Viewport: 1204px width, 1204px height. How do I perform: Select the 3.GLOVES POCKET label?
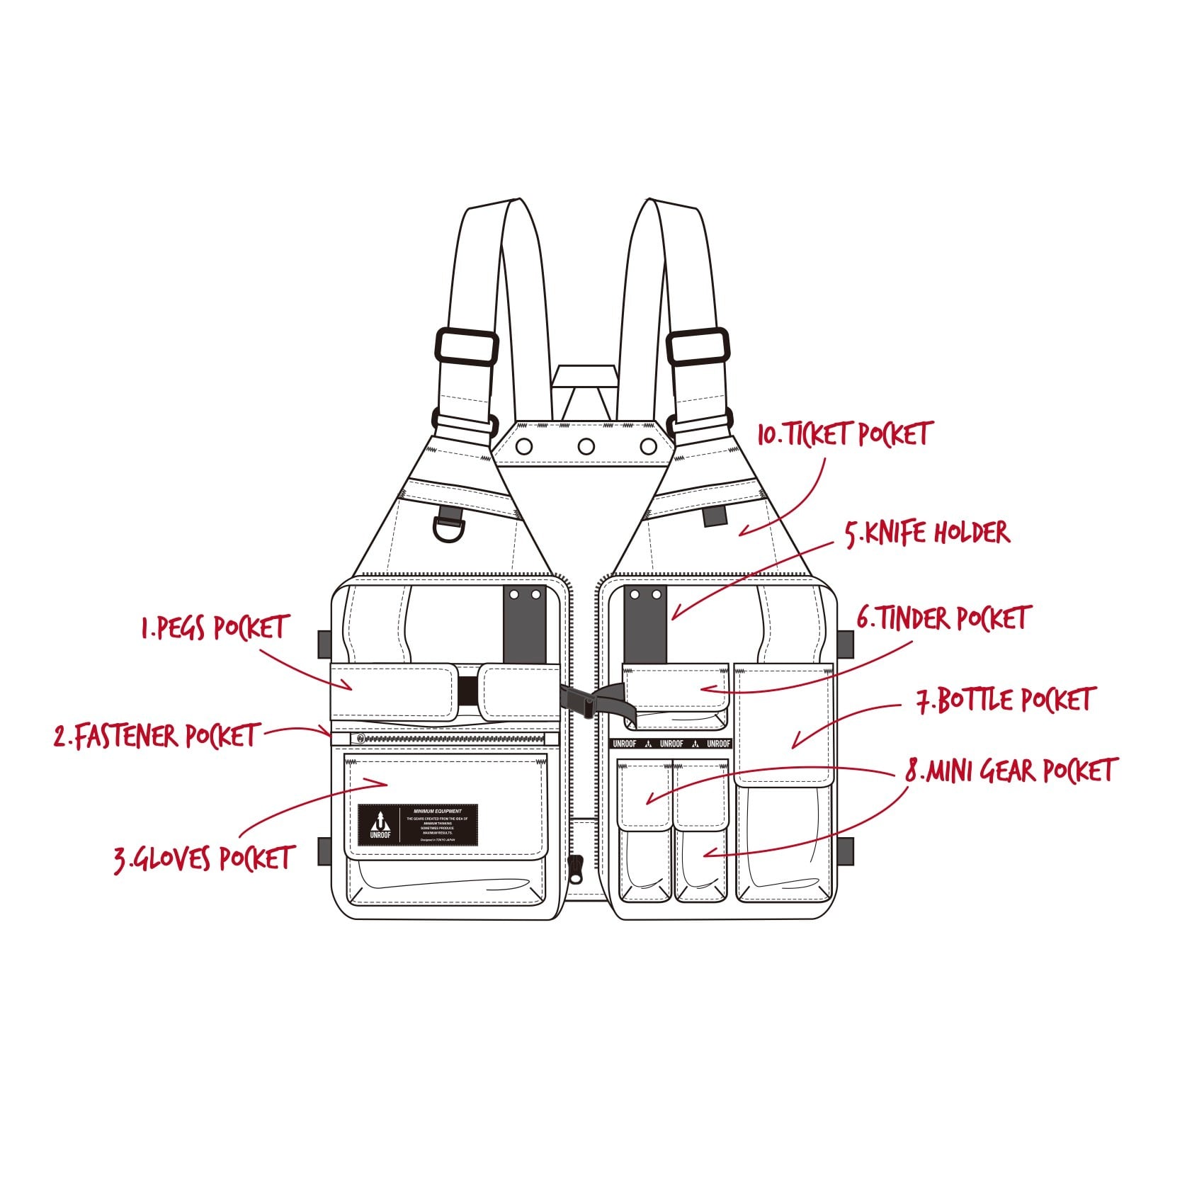(x=204, y=858)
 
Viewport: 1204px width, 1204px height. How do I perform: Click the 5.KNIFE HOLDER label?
(x=928, y=533)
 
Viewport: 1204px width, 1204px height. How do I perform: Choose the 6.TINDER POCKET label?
(x=943, y=618)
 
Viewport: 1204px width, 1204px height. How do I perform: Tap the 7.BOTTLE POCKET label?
(x=1006, y=700)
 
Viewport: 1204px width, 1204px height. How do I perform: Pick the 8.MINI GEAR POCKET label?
(x=1011, y=771)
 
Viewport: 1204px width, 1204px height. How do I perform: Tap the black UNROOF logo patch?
(x=418, y=825)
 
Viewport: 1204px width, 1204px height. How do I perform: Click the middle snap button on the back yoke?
(x=586, y=446)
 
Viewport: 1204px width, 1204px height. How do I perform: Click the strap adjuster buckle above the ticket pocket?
(x=698, y=346)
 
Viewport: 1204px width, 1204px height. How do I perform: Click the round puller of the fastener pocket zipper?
(x=360, y=739)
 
